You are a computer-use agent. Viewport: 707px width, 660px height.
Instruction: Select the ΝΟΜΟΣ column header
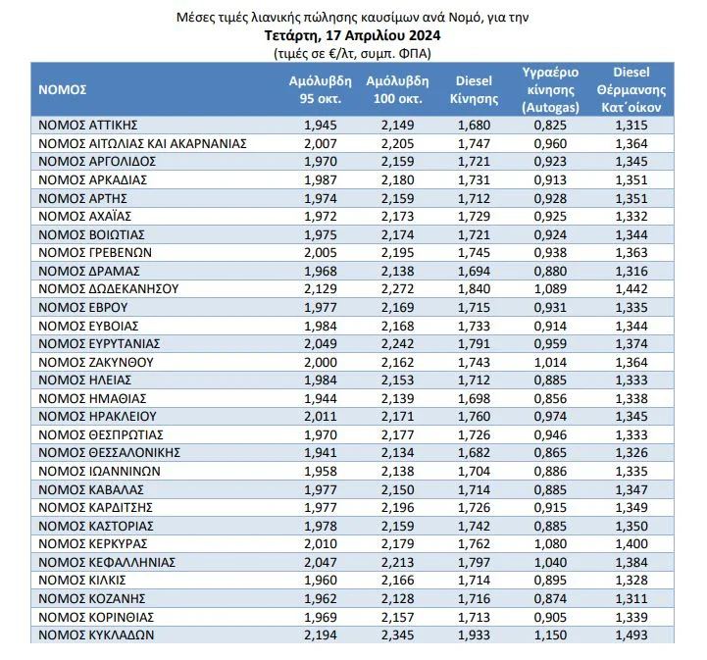pos(63,90)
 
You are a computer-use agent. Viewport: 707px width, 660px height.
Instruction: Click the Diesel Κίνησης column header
pos(475,90)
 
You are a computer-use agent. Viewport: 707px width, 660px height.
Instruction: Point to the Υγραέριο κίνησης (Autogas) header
pos(550,90)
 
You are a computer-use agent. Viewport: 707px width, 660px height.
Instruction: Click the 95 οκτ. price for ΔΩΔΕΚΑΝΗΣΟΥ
pos(321,289)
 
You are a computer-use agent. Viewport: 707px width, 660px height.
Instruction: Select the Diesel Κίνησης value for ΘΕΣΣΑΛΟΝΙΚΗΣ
pos(475,453)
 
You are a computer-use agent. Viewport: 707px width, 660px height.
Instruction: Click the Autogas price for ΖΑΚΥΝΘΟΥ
pos(550,362)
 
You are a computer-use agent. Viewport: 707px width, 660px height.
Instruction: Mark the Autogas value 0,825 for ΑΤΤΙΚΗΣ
pos(550,126)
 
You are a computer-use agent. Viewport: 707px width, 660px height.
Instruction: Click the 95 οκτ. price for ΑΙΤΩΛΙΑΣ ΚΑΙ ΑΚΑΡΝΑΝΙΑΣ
pos(321,143)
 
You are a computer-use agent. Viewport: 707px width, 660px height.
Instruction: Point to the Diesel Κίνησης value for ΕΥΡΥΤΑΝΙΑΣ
pos(475,344)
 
